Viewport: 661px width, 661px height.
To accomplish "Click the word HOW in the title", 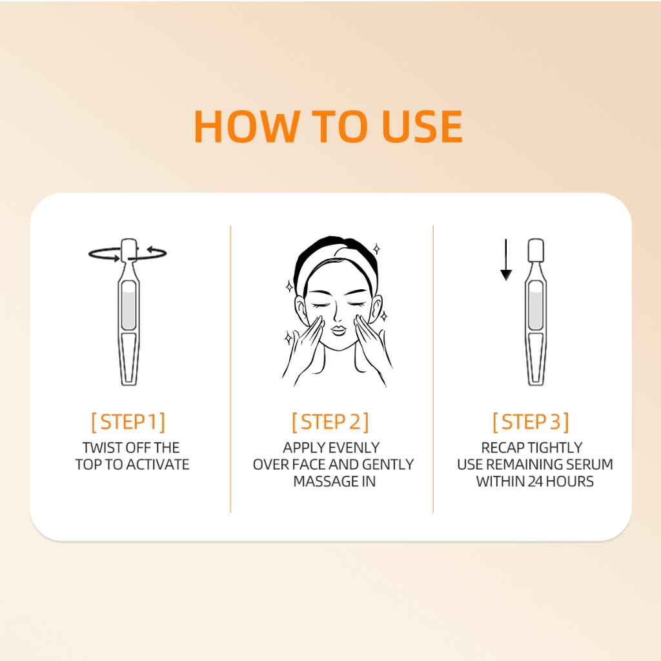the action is pos(247,126).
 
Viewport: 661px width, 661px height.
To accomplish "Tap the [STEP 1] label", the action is pos(128,422).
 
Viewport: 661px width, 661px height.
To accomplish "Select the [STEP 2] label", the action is pos(330,422).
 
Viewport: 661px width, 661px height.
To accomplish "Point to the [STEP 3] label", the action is pos(531,422).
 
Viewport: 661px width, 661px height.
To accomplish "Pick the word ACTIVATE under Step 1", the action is pos(158,465).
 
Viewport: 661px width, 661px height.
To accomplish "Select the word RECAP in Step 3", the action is pos(502,447).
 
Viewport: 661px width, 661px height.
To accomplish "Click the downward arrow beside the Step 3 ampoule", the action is pos(506,259).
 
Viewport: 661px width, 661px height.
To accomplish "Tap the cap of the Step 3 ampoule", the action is pos(536,250).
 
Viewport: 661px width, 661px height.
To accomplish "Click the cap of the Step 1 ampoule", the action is pos(128,250).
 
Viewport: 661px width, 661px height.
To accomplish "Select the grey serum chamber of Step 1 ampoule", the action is pos(128,305).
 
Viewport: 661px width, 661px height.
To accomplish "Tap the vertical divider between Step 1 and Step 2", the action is pos(230,369).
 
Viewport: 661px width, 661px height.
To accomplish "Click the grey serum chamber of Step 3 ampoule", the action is pos(536,305).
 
